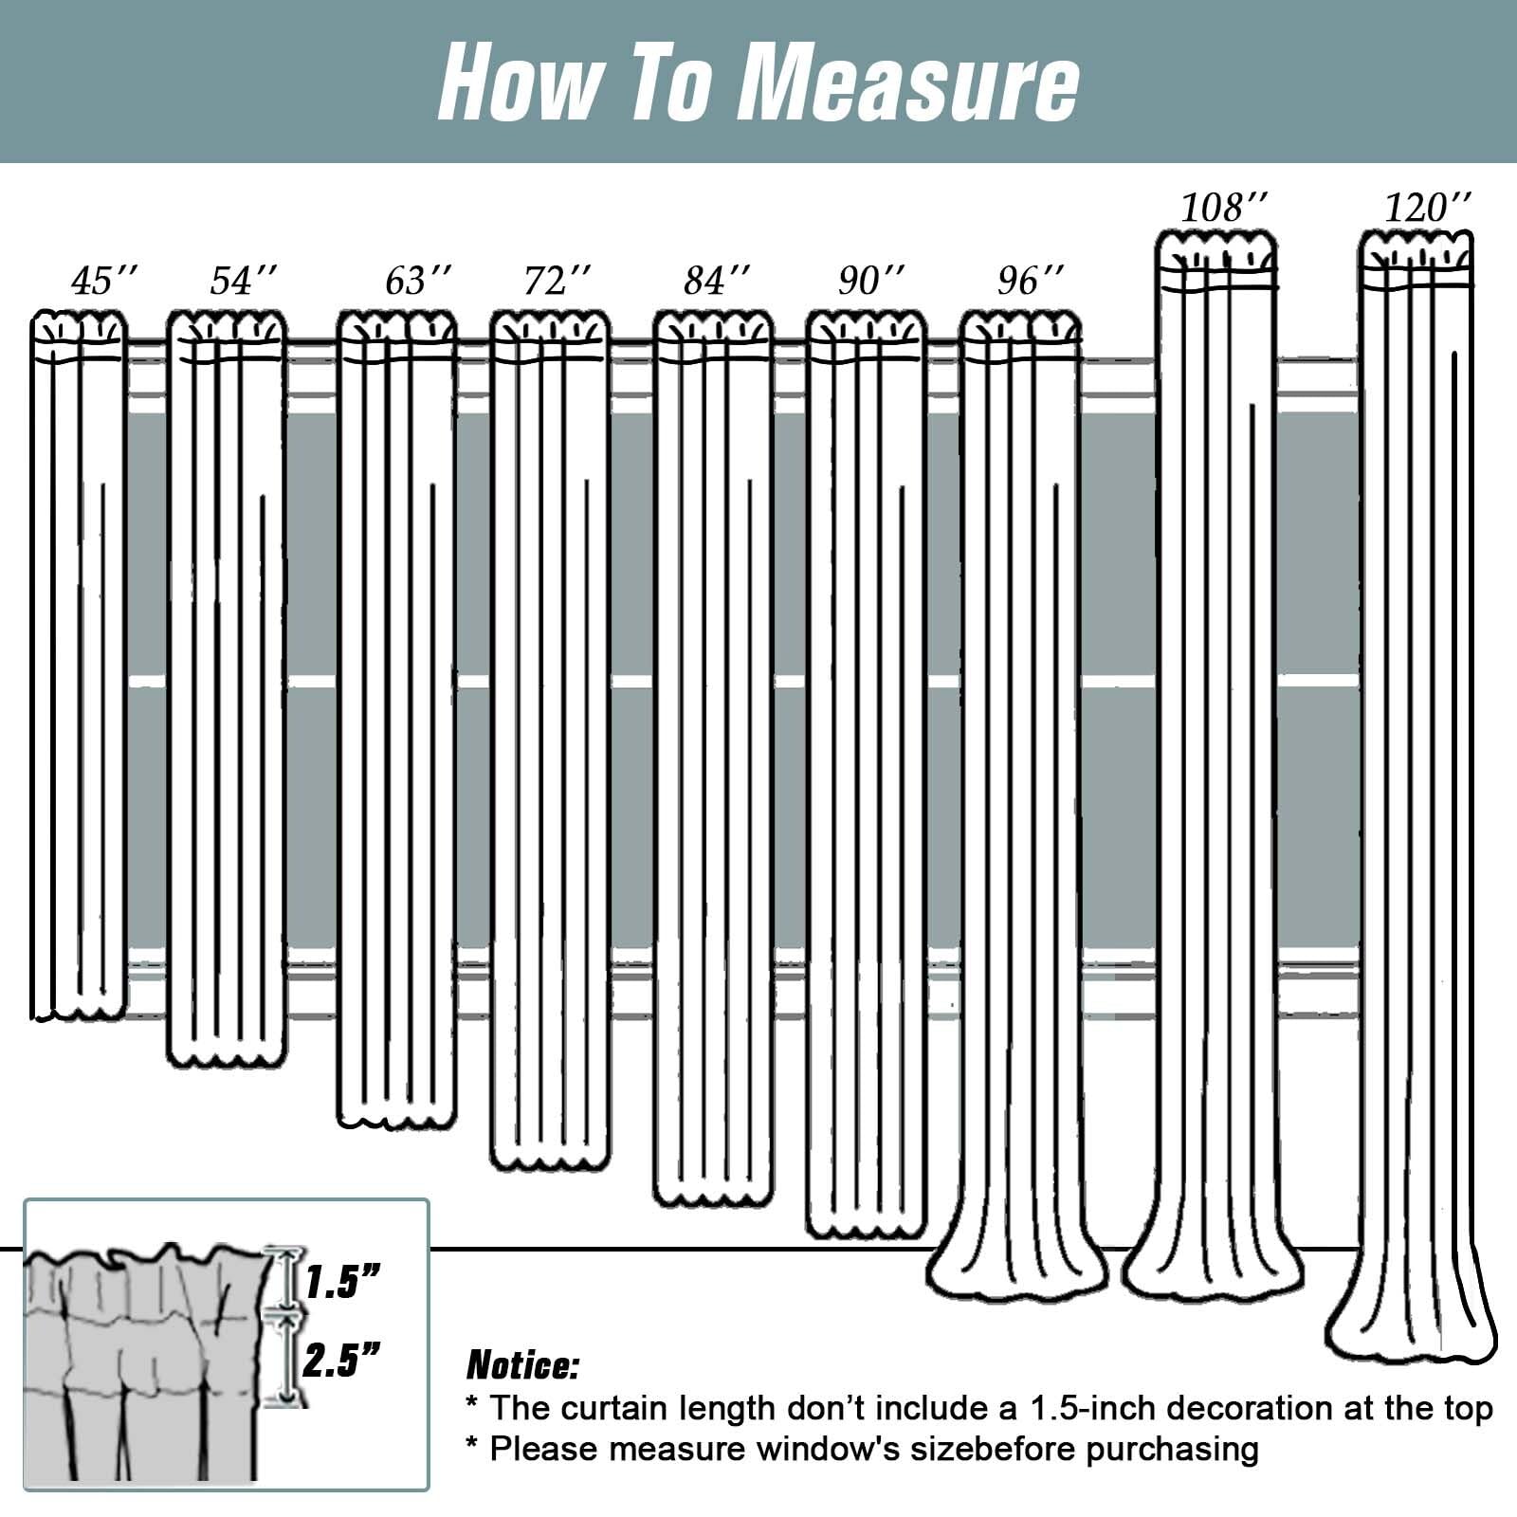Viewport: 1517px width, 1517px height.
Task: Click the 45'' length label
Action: tap(104, 282)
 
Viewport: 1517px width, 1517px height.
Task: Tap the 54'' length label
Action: tap(244, 282)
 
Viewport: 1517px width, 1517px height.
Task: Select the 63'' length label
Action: tap(418, 282)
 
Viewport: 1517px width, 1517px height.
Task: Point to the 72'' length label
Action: tap(557, 282)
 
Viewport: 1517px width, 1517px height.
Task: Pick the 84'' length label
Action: tap(718, 282)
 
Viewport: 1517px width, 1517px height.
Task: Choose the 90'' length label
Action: tap(871, 282)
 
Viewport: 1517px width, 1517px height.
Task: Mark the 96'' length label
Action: tap(1031, 282)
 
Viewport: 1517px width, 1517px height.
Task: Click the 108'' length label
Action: tap(1223, 208)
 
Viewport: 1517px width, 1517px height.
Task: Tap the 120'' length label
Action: tap(1429, 208)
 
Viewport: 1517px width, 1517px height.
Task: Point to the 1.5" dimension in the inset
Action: tap(342, 1283)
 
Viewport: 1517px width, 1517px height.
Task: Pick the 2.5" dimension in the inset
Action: tap(342, 1361)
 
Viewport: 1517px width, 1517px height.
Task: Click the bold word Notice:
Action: tap(522, 1366)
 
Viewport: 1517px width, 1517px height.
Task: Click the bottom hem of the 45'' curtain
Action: tap(80, 1008)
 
